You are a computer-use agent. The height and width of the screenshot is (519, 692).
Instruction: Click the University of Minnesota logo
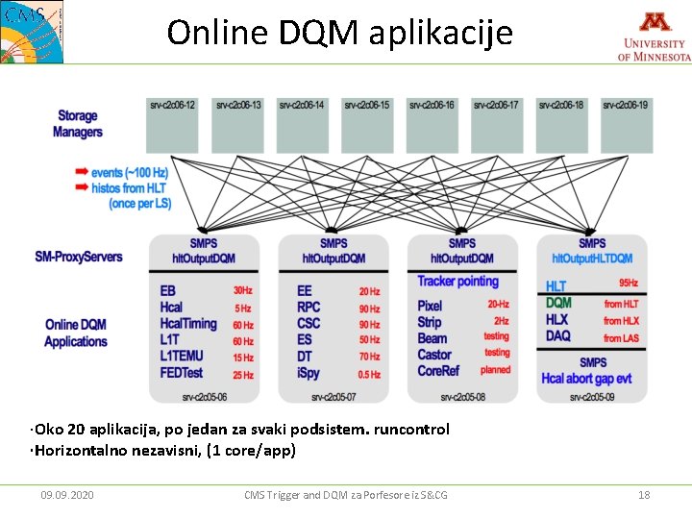tap(654, 36)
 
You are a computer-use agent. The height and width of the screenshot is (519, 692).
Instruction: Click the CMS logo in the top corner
tap(31, 31)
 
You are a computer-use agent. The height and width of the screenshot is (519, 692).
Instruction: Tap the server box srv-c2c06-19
tap(626, 126)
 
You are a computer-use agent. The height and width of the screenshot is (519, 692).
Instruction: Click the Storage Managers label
tap(77, 124)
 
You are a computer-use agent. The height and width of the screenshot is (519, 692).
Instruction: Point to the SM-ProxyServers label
tap(78, 257)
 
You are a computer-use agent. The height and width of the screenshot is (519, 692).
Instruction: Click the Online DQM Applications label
tap(76, 333)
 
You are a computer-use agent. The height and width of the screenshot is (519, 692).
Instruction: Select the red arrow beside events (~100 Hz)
tap(82, 172)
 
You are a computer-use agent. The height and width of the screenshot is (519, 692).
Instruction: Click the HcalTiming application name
tap(188, 324)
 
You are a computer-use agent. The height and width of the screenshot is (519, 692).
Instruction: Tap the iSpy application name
tap(309, 373)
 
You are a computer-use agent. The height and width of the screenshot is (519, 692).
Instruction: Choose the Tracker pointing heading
tap(458, 282)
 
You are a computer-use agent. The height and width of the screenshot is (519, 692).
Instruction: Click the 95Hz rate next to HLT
tap(629, 284)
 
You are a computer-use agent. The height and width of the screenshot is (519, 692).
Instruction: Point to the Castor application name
tap(434, 355)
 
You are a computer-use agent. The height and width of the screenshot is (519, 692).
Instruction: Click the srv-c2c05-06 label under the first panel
tap(204, 396)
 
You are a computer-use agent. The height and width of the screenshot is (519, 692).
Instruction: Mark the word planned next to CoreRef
tap(496, 370)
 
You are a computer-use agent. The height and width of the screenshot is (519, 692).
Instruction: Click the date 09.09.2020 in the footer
tap(67, 495)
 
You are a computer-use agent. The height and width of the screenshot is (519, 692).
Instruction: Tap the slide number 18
tap(644, 495)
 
